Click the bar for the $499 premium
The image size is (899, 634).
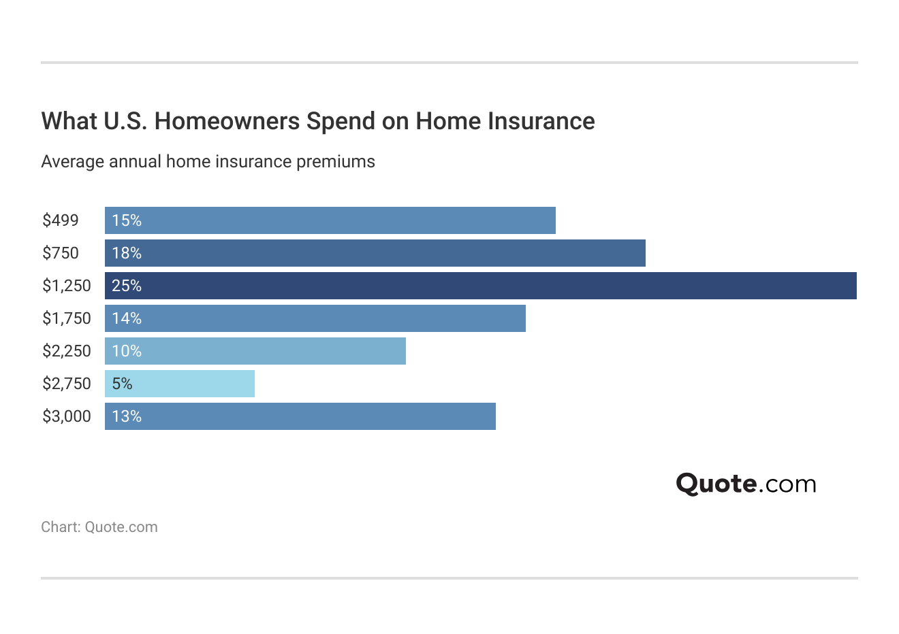tap(330, 220)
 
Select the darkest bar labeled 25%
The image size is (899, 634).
tap(480, 286)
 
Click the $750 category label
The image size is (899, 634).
tap(61, 253)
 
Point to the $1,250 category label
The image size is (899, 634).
tap(66, 286)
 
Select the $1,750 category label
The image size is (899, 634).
tap(66, 318)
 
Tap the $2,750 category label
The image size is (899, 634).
tap(66, 384)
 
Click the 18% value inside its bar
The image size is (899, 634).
tap(127, 253)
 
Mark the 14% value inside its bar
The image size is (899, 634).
tap(127, 318)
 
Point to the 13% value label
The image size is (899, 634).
tap(127, 416)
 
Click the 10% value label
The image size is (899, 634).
tap(127, 351)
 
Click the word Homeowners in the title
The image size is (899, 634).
tap(227, 121)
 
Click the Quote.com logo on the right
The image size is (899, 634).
tap(746, 484)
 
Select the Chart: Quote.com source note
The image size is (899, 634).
tap(99, 527)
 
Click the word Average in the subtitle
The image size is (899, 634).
tap(72, 162)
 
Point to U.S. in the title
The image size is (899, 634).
tap(125, 121)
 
